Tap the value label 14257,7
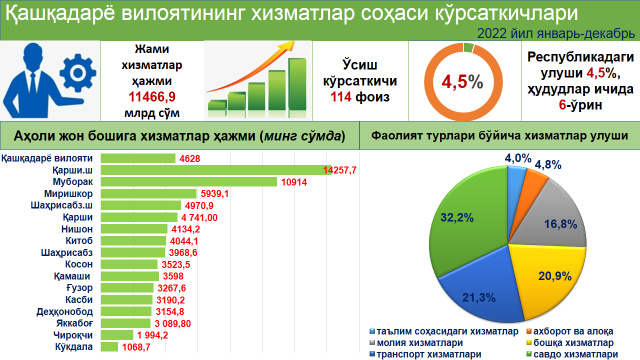(x=341, y=171)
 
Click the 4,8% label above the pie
(x=548, y=163)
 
